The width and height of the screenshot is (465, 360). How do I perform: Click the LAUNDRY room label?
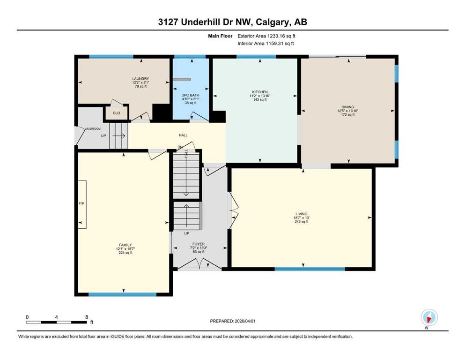click(x=140, y=79)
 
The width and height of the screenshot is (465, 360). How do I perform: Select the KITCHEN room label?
click(x=260, y=92)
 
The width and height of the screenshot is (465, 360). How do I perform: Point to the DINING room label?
click(x=347, y=107)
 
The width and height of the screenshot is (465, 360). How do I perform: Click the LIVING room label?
click(x=301, y=214)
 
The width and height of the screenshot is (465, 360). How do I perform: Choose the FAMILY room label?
click(x=125, y=245)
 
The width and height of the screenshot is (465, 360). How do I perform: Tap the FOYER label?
click(x=199, y=244)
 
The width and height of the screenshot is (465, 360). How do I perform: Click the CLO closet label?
click(x=117, y=113)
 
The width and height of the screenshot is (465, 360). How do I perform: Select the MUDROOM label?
click(x=93, y=129)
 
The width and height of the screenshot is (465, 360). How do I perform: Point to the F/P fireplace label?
click(x=81, y=203)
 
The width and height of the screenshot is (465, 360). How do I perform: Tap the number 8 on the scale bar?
click(x=87, y=317)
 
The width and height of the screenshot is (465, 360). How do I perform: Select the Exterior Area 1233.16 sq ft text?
click(x=266, y=36)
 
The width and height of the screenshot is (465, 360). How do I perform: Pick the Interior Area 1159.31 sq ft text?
click(x=266, y=43)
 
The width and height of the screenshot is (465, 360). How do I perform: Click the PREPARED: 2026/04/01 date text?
click(x=232, y=321)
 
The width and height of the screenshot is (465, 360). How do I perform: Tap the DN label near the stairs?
click(x=180, y=147)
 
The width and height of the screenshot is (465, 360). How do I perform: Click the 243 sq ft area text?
click(x=301, y=221)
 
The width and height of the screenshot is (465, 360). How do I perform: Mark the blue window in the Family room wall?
click(x=123, y=294)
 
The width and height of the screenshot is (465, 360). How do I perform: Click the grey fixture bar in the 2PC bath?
click(x=182, y=80)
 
